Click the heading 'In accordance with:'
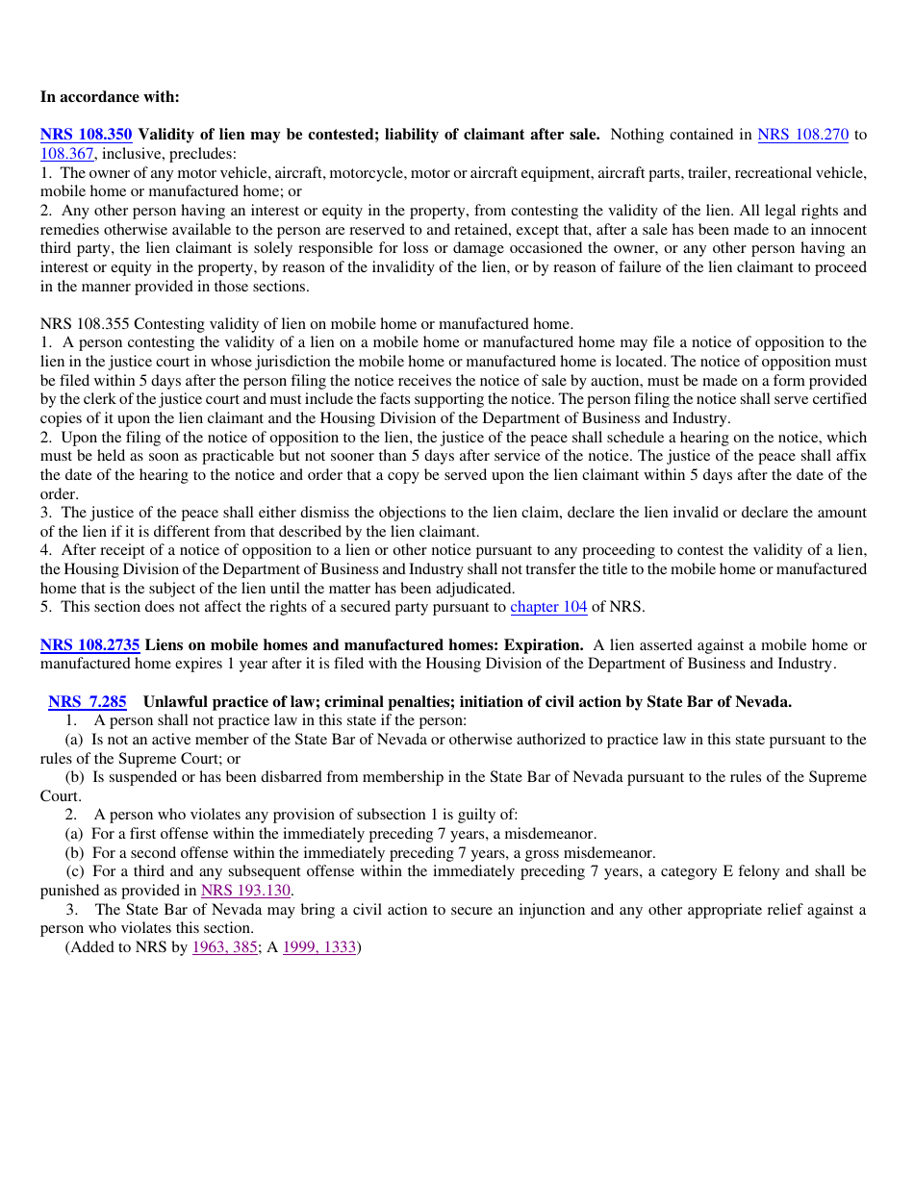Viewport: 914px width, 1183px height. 110,97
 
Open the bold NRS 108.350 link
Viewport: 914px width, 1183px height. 86,135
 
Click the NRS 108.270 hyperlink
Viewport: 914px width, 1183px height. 802,135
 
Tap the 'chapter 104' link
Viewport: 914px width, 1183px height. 548,607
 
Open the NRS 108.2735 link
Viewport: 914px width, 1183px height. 89,644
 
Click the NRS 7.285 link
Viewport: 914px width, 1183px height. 88,702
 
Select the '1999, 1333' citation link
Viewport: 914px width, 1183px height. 319,947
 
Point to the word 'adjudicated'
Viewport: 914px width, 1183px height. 474,589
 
